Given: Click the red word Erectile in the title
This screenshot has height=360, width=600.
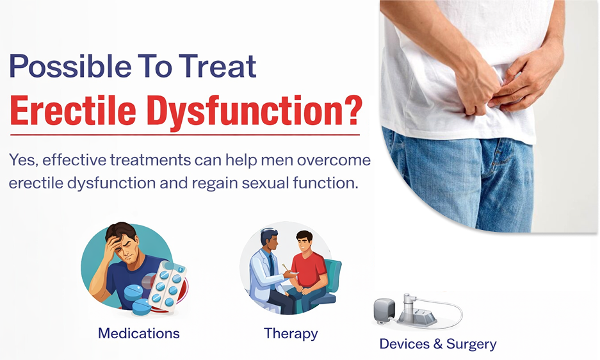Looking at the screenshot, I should [x=73, y=110].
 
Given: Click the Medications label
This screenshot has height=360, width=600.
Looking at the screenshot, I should [x=139, y=333].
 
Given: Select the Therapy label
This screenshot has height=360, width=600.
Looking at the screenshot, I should [x=291, y=333].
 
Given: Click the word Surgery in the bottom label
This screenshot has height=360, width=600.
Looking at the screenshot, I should [x=472, y=344].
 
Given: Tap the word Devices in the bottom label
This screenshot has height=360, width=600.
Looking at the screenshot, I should [x=405, y=344].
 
